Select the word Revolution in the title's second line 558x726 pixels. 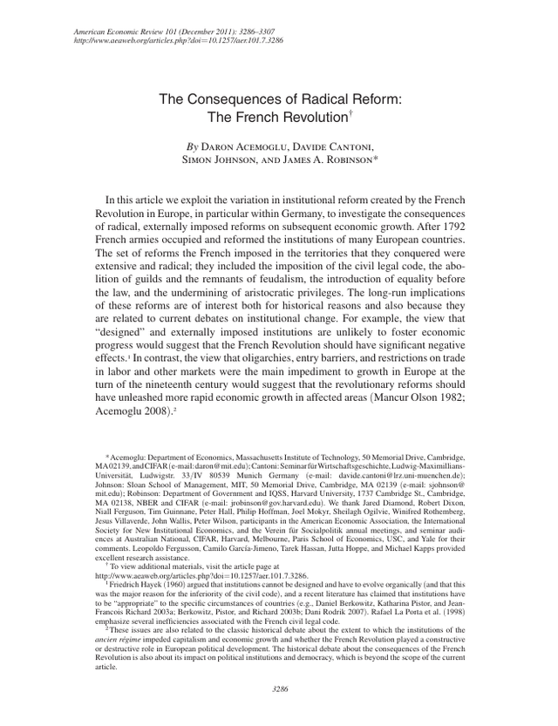click(x=304, y=116)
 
